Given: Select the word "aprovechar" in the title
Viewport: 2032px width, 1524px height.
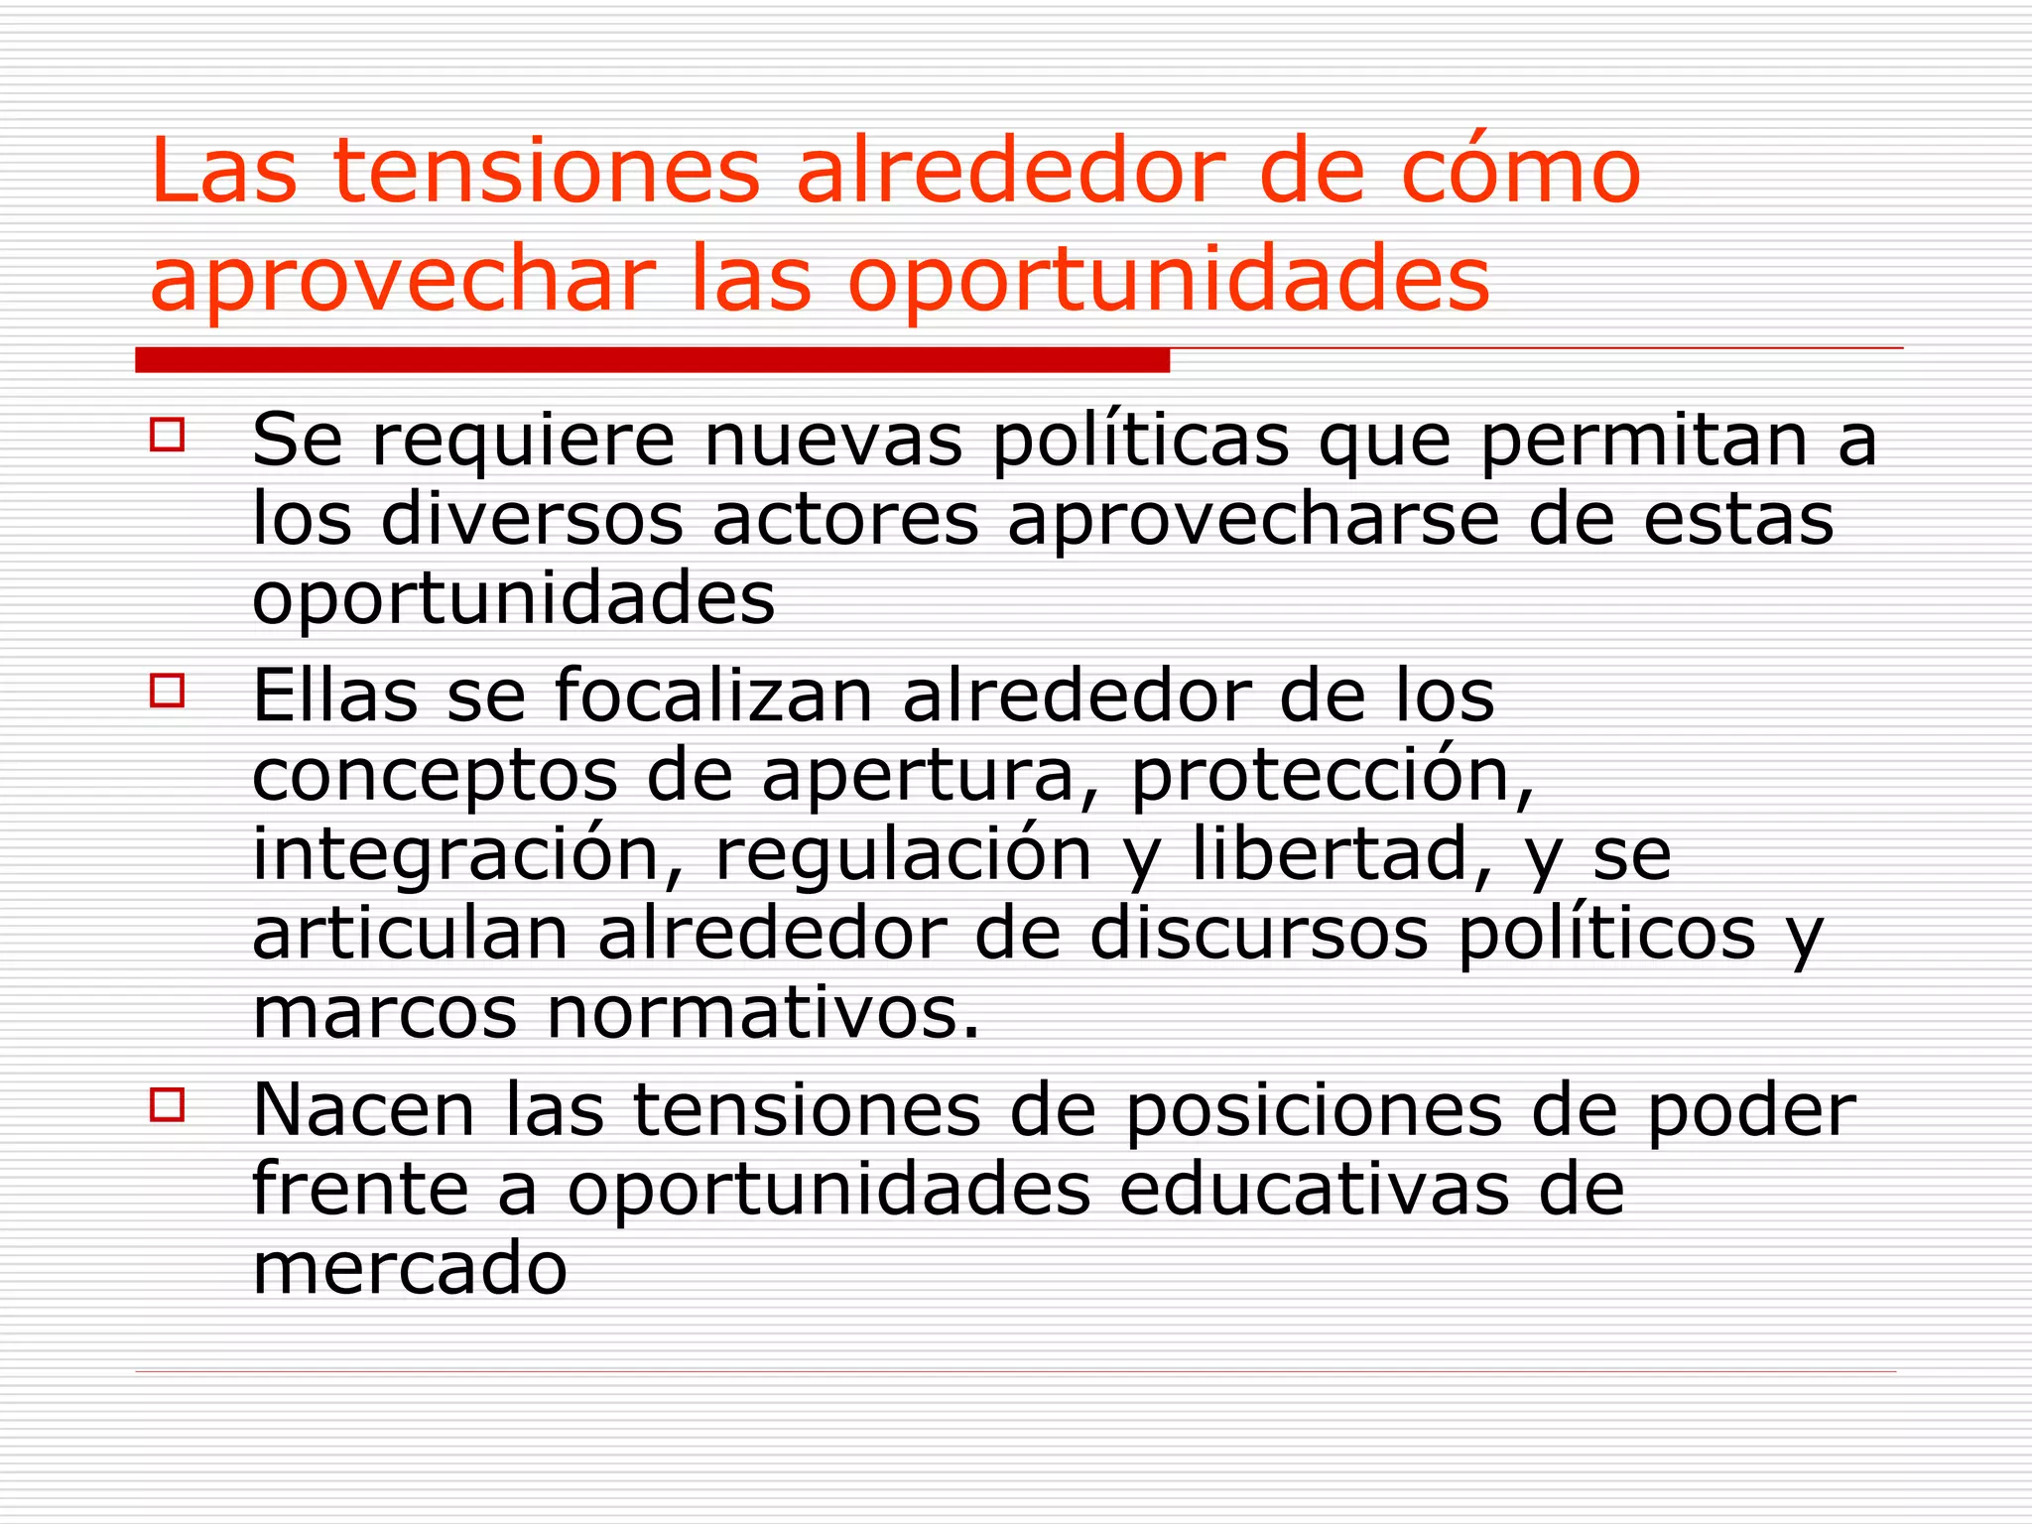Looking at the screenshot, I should point(403,281).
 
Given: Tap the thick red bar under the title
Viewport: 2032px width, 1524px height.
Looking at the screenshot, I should point(652,360).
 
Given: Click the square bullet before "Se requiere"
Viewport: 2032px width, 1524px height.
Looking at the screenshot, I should point(168,435).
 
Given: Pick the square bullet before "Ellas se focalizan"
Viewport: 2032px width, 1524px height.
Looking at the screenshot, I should point(168,690).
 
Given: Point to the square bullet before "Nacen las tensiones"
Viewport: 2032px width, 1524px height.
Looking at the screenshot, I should point(168,1104).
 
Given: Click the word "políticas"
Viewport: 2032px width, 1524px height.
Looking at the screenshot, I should point(1141,441).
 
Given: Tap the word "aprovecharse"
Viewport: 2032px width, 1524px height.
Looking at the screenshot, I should point(1253,521).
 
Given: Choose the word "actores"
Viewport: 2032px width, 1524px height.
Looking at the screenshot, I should point(845,521).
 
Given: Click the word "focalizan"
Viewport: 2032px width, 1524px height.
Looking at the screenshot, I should point(713,696).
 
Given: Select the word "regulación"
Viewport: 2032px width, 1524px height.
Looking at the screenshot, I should point(903,855).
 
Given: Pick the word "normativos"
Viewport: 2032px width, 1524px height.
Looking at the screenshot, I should point(763,1013).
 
